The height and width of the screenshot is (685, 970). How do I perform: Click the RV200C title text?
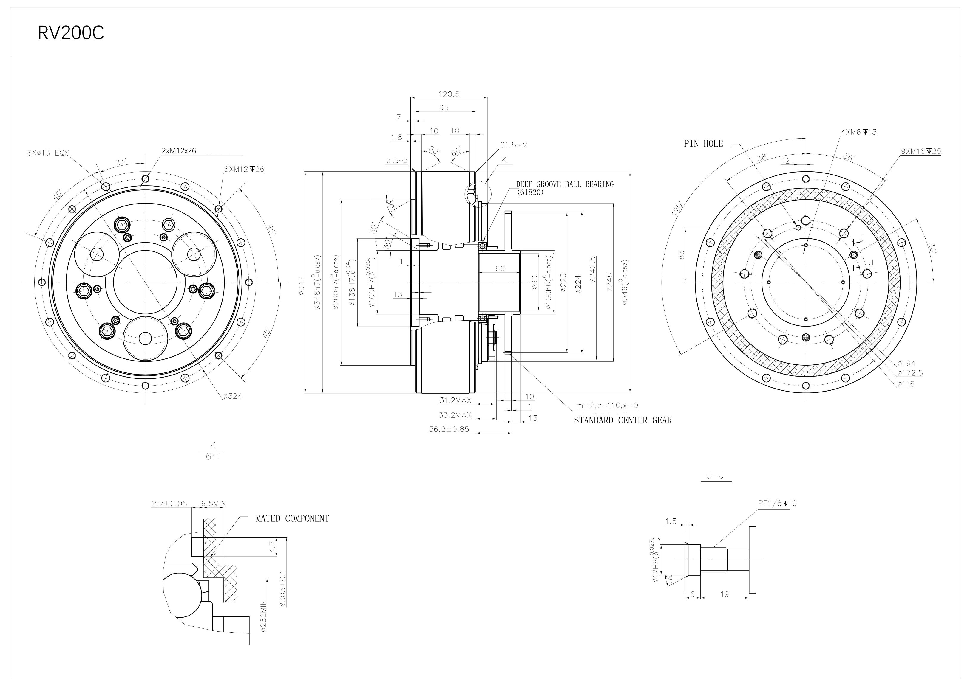coord(71,33)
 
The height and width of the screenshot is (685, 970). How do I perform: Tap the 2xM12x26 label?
coord(179,151)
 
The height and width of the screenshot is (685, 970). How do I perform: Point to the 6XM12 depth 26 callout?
coord(244,169)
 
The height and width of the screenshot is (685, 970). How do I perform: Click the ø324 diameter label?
coord(232,396)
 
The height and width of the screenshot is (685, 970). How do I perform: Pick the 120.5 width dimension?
coord(449,94)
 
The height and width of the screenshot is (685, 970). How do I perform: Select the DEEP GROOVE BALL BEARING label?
coord(564,184)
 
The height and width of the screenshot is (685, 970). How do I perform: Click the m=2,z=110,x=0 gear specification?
coord(607,406)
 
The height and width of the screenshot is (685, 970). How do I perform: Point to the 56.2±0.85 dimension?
coord(449,430)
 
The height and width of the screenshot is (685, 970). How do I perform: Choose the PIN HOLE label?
coord(703,144)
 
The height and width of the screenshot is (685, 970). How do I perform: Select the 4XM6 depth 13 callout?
coord(858,132)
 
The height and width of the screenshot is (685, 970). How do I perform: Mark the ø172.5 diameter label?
coord(909,373)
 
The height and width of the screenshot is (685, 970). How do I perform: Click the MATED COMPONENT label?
coord(292,519)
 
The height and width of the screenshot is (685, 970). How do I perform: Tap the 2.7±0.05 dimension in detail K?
coord(169,504)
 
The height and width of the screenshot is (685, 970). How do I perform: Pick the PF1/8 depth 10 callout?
coord(777,503)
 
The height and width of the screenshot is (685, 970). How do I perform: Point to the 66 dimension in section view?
coord(500,268)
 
